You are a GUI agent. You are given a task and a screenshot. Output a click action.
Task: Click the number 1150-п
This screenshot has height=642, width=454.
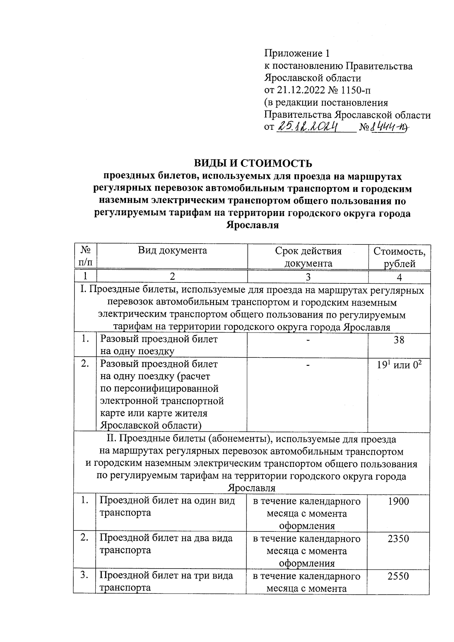point(358,90)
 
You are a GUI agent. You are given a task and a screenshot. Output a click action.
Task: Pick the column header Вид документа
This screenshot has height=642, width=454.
point(172,250)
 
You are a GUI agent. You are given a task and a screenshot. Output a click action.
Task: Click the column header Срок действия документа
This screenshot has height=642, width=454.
point(308,257)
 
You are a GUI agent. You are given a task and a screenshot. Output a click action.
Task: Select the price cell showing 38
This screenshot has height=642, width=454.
point(399,340)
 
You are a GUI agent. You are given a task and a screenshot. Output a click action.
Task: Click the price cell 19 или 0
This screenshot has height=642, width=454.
point(399,365)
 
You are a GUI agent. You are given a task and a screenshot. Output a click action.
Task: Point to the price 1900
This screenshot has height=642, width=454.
point(398,502)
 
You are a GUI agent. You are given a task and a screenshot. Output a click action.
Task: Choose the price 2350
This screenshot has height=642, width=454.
point(398,539)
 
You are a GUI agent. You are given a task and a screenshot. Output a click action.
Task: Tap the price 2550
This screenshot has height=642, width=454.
point(398,576)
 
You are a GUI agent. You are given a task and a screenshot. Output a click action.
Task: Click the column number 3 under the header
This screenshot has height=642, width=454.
point(308,277)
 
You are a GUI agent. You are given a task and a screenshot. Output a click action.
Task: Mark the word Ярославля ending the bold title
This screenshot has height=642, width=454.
point(252,225)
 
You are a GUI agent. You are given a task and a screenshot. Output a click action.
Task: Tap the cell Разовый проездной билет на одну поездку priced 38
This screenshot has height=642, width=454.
point(159,345)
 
